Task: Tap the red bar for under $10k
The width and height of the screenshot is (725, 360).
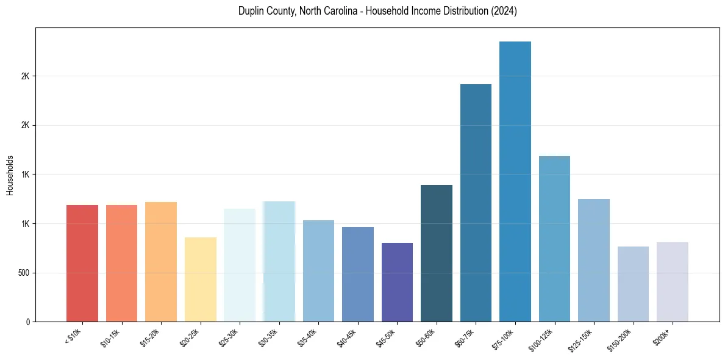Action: [82, 263]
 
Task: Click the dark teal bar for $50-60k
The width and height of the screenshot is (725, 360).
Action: [437, 253]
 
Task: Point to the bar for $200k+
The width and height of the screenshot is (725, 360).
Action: [673, 281]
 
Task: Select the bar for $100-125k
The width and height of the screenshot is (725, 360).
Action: [554, 239]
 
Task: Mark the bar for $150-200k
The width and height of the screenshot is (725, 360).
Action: [633, 284]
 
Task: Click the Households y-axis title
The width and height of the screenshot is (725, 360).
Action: [10, 175]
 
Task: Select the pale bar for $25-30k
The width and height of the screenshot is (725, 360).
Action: [240, 265]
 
